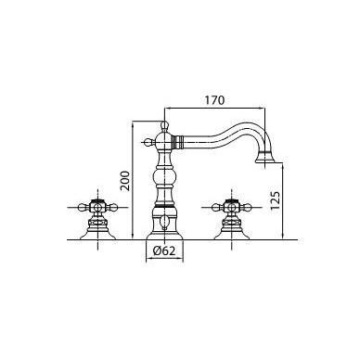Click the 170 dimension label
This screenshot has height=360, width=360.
pos(214,100)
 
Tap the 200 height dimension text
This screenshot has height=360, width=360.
pos(125,181)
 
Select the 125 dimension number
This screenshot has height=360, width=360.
pos(275,200)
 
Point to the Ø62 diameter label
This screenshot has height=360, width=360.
pos(164,251)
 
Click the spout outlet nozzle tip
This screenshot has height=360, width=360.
pos(265,160)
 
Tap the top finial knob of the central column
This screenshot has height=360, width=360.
pos(164,125)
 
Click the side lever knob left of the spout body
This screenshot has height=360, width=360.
pos(149,142)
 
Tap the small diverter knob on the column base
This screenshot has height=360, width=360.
pos(164,222)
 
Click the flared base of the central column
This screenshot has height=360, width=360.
pos(164,235)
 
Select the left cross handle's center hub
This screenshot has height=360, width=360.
pos(97,206)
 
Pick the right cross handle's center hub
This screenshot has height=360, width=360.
pos(232,206)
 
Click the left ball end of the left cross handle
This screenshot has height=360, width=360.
pos(83,206)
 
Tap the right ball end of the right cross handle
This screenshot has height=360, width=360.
pos(247,206)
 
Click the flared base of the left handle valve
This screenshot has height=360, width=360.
pos(97,235)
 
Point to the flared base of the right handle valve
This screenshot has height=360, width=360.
pos(232,235)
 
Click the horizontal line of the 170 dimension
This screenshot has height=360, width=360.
pos(214,108)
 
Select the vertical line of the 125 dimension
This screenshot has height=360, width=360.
pos(284,200)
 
